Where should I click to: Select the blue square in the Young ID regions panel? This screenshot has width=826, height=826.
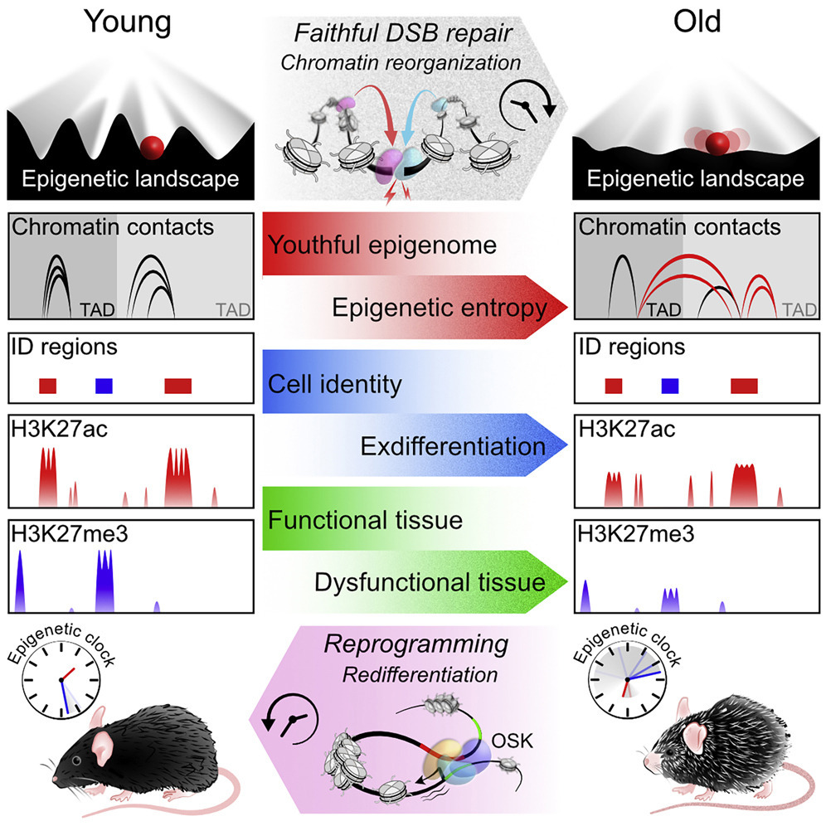[x=104, y=386]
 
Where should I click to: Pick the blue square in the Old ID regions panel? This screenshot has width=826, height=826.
[x=670, y=386]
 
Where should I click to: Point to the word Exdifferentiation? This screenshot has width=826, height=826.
[x=453, y=447]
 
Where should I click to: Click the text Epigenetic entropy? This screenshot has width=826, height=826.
[x=440, y=309]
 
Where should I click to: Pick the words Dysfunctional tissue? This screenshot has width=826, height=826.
[x=430, y=583]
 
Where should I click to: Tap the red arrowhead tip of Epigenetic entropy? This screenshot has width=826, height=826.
[x=564, y=309]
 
